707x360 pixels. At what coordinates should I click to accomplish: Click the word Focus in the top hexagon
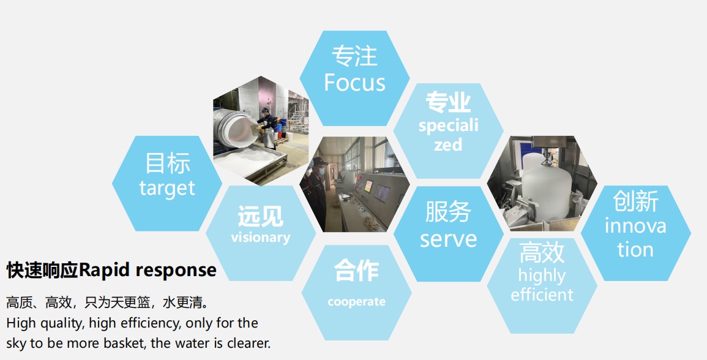click(354, 83)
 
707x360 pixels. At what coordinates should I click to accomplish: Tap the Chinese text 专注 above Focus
click(354, 56)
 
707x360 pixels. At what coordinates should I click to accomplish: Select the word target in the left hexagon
click(167, 189)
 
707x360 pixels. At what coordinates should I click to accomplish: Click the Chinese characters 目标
click(167, 163)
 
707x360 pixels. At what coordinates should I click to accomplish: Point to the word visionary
click(261, 238)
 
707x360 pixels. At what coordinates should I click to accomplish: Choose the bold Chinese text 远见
click(261, 216)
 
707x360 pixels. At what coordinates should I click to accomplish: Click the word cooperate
click(357, 302)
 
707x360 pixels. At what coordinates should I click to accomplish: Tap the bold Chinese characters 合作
click(356, 271)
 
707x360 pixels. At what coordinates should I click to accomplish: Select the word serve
click(448, 239)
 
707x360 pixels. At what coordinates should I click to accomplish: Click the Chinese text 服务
click(448, 212)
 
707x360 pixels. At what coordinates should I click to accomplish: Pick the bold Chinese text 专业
click(448, 102)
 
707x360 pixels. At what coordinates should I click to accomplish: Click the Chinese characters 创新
click(636, 201)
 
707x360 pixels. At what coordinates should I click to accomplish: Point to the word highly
click(542, 276)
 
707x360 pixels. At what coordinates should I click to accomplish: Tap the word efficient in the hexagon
click(542, 294)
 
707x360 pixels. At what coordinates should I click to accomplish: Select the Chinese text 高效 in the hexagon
click(542, 253)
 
